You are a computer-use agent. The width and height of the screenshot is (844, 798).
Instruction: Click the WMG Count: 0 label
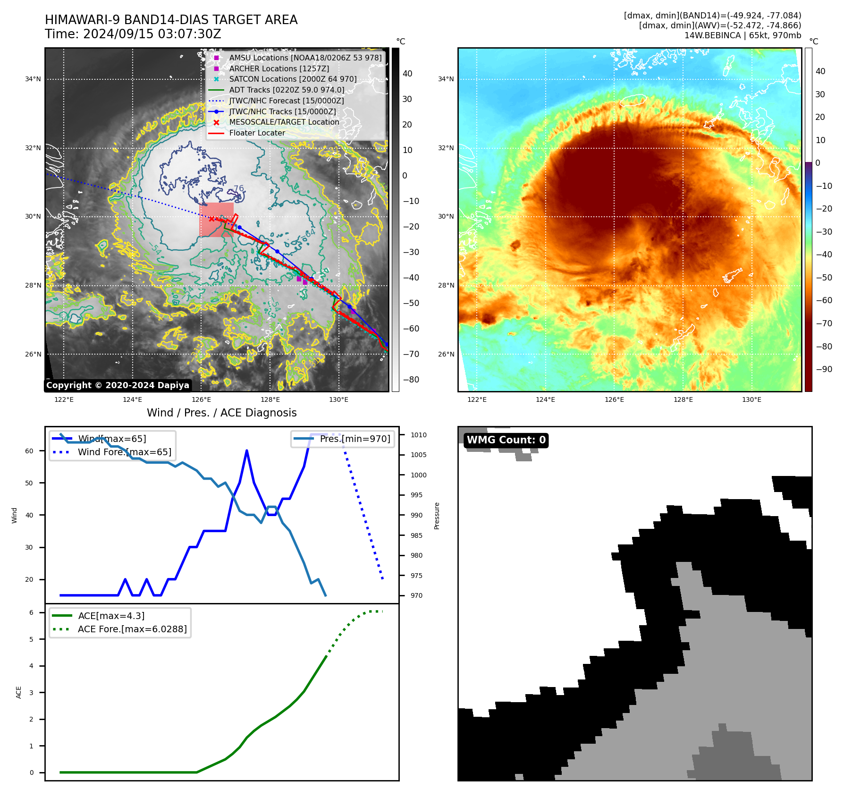(x=506, y=440)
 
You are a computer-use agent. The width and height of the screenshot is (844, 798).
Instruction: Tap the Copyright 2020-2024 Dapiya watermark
(x=118, y=385)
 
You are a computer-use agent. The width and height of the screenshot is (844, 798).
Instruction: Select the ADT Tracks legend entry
(x=287, y=90)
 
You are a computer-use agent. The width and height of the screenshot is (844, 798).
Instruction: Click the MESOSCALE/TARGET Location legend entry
(x=284, y=122)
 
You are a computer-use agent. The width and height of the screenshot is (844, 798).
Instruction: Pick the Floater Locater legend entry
(x=257, y=133)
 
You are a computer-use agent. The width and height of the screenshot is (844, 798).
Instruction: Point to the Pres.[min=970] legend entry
(x=354, y=439)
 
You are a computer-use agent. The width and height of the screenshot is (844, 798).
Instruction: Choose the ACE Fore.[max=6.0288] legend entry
(x=132, y=629)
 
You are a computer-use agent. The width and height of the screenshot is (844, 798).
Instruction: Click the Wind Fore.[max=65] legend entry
(x=125, y=452)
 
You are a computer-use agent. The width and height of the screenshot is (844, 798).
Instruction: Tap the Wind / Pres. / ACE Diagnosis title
(x=222, y=413)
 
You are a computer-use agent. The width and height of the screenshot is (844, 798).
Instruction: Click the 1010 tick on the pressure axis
(x=418, y=435)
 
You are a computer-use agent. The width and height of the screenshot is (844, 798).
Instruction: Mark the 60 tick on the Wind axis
(x=29, y=451)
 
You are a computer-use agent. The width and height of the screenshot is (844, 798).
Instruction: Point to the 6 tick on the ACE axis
(x=31, y=612)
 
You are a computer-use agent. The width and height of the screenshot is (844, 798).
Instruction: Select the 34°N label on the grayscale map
(x=33, y=79)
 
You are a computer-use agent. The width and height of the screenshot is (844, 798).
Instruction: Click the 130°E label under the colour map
(x=751, y=399)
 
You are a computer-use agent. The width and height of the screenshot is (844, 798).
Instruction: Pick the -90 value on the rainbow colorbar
(x=824, y=369)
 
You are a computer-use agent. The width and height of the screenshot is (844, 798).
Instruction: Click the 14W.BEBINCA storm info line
(x=743, y=35)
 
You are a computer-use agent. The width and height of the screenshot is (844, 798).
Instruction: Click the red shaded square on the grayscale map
(x=216, y=220)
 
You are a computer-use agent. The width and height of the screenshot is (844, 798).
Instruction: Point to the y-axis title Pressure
(x=437, y=516)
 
